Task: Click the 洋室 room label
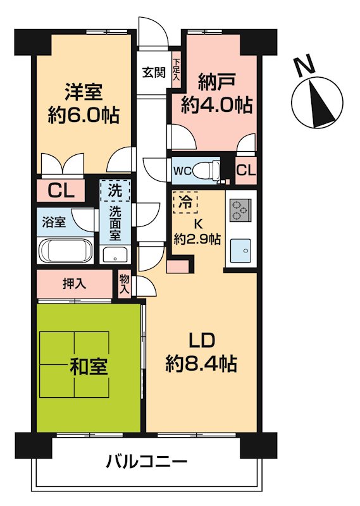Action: pos(83,91)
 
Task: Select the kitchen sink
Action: pos(241,250)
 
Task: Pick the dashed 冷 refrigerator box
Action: pos(185,203)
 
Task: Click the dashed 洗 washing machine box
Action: pos(115,190)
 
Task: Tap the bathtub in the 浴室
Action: pos(66,250)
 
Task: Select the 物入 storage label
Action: pos(125,285)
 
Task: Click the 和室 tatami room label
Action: pos(89,366)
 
